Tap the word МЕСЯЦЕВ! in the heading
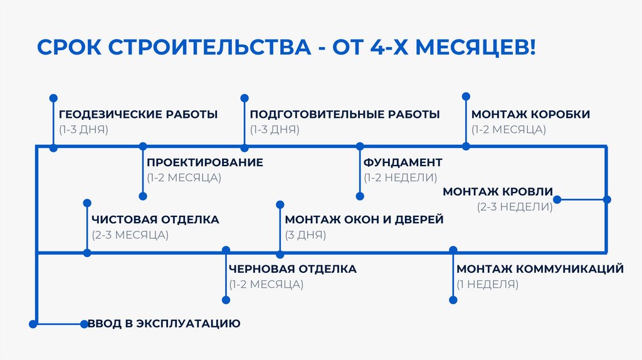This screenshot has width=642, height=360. click(474, 48)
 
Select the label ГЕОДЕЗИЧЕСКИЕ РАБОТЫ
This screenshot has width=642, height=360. click(139, 114)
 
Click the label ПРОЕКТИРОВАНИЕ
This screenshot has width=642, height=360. click(205, 162)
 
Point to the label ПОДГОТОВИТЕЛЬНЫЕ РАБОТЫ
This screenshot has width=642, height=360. click(345, 114)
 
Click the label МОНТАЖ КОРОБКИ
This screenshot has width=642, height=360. click(530, 114)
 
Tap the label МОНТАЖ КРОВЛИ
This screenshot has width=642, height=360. click(498, 191)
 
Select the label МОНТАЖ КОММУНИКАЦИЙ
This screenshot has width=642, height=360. click(540, 269)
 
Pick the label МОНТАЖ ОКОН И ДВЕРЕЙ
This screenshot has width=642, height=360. click(364, 220)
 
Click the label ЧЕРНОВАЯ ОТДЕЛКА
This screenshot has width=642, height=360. click(293, 269)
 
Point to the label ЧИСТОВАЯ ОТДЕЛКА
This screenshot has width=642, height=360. click(155, 220)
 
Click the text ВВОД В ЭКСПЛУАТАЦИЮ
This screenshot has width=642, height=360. click(164, 324)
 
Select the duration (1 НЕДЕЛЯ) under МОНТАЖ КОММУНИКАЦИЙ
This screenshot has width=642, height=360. click(487, 284)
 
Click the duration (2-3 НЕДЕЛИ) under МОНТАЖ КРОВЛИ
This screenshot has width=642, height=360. click(515, 206)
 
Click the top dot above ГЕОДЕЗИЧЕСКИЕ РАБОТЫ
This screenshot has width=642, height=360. click(53, 98)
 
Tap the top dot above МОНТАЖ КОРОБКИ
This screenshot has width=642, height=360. click(466, 96)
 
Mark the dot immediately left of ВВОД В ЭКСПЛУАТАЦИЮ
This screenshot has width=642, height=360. click(84, 324)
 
